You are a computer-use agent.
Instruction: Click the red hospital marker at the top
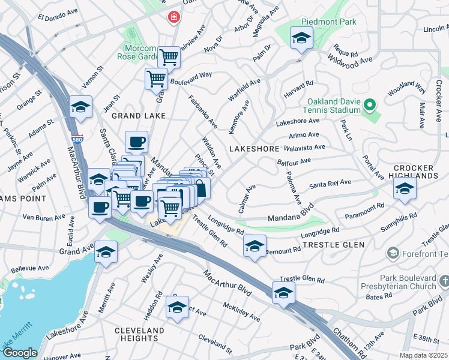174,17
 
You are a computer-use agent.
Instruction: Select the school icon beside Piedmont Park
300,38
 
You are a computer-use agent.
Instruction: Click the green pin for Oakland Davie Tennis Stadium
370,106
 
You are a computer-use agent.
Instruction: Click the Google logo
19,353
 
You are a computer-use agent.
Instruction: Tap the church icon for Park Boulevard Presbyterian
444,281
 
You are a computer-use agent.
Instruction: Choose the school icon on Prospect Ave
177,307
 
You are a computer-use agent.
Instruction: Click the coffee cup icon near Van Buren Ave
100,207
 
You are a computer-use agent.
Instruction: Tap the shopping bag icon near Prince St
200,188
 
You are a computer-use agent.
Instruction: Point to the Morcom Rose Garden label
139,53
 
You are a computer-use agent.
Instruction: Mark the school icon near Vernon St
80,107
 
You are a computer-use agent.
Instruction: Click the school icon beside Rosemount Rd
255,245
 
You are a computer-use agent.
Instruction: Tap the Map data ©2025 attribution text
423,355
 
